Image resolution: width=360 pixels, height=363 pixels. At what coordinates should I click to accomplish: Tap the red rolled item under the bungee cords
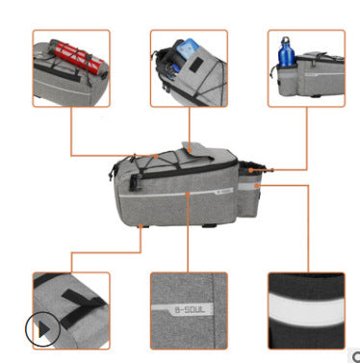click(78, 57)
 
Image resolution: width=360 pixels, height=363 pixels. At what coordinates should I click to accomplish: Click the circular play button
click(43, 329)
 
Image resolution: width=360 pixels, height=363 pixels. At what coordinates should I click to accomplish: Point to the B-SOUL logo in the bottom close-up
click(190, 310)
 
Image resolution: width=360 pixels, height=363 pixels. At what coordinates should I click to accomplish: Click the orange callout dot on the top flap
click(190, 150)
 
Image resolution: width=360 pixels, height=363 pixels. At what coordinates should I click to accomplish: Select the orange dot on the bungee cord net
click(156, 156)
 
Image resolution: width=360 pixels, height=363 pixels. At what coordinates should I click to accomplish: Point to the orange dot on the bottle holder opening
click(250, 170)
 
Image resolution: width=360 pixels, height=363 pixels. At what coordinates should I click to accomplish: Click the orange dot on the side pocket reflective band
click(256, 186)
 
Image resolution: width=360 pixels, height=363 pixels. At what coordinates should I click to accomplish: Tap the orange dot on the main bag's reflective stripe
click(188, 194)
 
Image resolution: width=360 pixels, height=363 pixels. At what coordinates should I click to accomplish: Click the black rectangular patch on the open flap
click(193, 65)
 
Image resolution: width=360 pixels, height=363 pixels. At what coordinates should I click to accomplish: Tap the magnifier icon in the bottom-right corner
click(356, 356)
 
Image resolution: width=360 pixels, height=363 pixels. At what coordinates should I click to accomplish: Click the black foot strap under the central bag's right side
click(209, 225)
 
